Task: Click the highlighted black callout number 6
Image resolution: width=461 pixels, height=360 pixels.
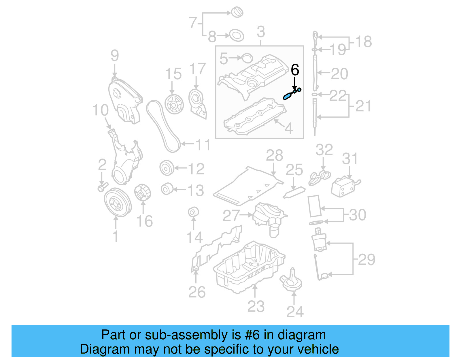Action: point(295,70)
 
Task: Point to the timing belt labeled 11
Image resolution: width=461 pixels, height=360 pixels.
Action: point(163,127)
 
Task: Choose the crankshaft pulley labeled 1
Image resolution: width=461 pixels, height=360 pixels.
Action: point(117,202)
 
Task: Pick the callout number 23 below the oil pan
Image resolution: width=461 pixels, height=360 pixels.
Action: point(256,306)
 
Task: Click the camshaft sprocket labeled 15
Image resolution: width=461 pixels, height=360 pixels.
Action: point(174,104)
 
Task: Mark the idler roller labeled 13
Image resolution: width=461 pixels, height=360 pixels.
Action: point(167,189)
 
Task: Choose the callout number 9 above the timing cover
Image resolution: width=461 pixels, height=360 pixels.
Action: point(114,56)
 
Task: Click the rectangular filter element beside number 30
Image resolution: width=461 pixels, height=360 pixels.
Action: point(314,206)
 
